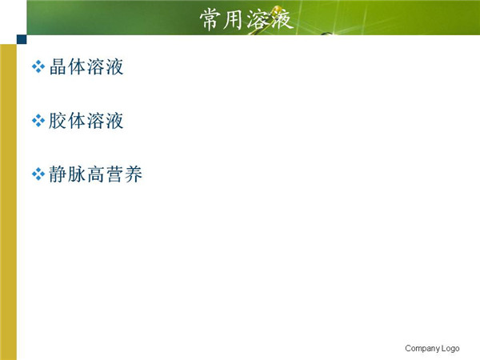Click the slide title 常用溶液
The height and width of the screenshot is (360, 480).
click(x=246, y=20)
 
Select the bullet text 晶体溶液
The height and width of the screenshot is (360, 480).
click(x=86, y=66)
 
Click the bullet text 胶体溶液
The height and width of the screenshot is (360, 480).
click(x=86, y=121)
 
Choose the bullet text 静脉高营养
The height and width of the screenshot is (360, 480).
click(x=96, y=174)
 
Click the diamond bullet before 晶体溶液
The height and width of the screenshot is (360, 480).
click(x=38, y=66)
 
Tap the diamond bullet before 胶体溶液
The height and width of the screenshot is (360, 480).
click(x=38, y=121)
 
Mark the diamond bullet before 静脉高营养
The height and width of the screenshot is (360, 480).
click(x=38, y=174)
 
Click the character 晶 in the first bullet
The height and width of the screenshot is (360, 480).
click(x=58, y=66)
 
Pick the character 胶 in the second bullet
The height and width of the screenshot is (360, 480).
click(x=58, y=121)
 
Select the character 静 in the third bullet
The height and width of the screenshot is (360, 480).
click(x=58, y=174)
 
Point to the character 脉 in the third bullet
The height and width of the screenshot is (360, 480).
click(x=77, y=174)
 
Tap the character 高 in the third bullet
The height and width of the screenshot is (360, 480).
click(x=96, y=174)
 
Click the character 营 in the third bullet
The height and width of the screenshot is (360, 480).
click(x=114, y=174)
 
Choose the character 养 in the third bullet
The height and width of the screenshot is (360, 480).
click(x=134, y=174)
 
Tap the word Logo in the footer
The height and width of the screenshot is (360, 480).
click(x=450, y=348)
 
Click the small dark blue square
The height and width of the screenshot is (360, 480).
click(x=22, y=39)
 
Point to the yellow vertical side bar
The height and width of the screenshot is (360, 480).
click(x=8, y=202)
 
